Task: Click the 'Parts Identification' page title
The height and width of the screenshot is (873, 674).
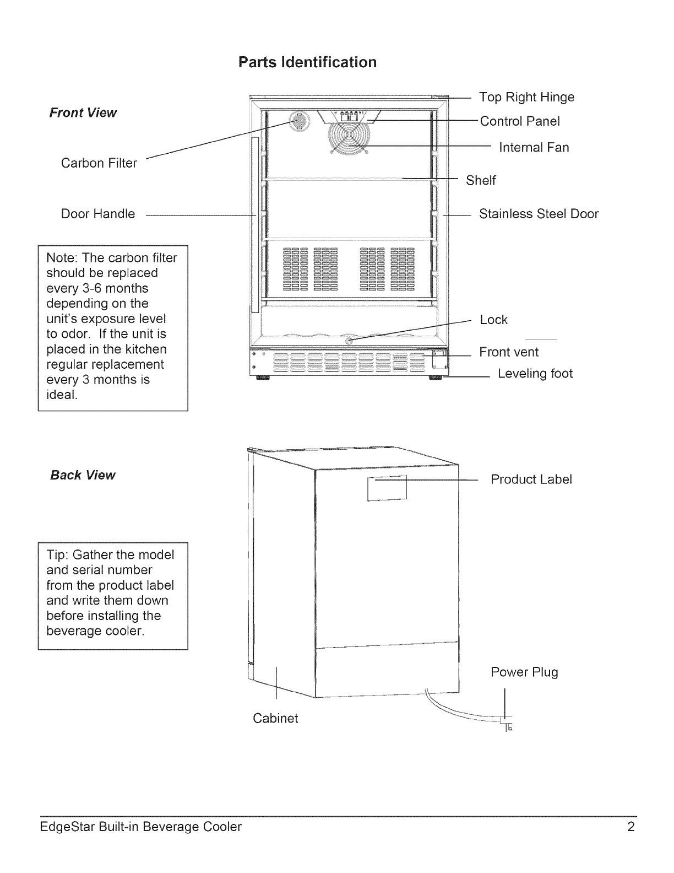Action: [x=307, y=62]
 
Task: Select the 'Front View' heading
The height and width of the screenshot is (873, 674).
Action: [x=83, y=113]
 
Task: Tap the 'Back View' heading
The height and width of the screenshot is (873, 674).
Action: [x=83, y=475]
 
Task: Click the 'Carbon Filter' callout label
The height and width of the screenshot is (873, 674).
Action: [x=99, y=163]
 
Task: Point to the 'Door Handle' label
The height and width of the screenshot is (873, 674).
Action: [x=98, y=214]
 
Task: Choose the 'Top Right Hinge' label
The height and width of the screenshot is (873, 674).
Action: [x=526, y=98]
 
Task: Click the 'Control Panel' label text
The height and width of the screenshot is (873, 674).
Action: [x=520, y=121]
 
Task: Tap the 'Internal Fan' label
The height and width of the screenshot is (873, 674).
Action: [x=534, y=148]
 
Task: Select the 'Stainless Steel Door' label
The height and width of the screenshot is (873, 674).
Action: [x=539, y=214]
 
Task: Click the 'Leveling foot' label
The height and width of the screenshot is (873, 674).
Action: [x=535, y=374]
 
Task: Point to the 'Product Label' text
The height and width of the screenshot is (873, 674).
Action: [x=531, y=479]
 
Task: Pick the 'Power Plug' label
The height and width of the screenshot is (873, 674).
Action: [x=524, y=672]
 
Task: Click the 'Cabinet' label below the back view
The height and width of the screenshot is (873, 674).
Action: [x=275, y=719]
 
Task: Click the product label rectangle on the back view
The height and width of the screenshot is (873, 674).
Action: [x=387, y=488]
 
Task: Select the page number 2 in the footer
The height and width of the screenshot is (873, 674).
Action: [x=631, y=827]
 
